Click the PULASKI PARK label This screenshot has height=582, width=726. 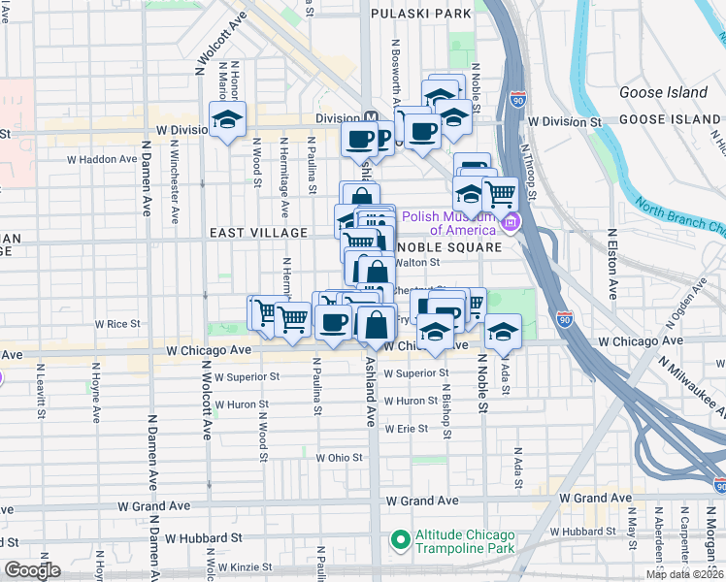422,14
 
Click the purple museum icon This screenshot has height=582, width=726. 510,225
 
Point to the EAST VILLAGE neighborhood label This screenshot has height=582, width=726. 258,233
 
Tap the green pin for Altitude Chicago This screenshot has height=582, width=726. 398,538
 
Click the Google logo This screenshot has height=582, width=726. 32,570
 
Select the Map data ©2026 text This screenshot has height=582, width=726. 684,574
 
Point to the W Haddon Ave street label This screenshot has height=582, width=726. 104,159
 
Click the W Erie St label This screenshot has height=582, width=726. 406,428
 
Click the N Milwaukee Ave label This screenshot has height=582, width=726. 690,389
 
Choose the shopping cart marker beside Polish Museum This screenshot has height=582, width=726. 499,194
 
